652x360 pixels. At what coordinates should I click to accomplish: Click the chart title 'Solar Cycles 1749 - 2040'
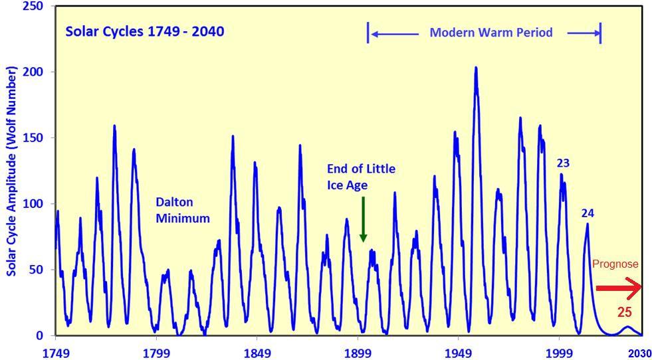(144, 31)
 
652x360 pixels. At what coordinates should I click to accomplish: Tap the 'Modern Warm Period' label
(490, 32)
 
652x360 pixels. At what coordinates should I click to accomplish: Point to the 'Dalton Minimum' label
(183, 210)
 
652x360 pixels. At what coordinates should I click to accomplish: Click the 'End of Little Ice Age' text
(361, 177)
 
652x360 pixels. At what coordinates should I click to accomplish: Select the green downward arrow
(363, 219)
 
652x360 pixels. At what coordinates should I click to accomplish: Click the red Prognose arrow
(618, 288)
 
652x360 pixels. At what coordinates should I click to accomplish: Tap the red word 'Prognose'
(615, 264)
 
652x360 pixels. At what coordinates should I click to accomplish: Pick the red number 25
(624, 312)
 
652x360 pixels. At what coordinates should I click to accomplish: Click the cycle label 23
(563, 163)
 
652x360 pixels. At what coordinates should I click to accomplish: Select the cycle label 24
(588, 213)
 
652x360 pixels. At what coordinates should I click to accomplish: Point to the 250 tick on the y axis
(33, 6)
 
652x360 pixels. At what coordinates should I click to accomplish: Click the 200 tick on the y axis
(33, 72)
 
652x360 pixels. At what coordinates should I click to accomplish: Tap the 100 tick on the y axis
(33, 204)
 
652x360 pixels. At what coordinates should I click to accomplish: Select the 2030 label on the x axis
(639, 352)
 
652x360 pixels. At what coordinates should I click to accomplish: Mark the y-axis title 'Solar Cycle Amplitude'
(12, 171)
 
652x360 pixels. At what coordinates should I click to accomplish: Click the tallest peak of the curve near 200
(476, 68)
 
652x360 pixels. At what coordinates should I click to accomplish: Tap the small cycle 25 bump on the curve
(626, 327)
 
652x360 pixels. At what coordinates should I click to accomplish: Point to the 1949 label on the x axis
(459, 352)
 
